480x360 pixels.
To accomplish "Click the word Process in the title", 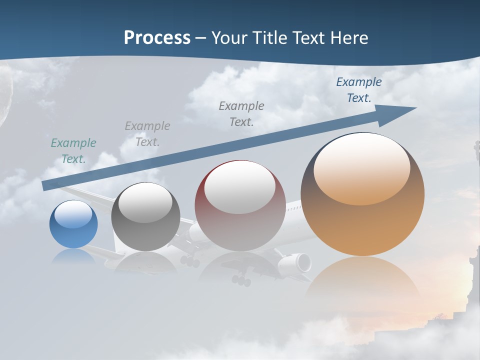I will pyautogui.click(x=157, y=38).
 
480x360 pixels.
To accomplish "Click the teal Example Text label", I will pyautogui.click(x=73, y=151).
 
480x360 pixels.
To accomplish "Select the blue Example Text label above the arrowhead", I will pyautogui.click(x=358, y=90).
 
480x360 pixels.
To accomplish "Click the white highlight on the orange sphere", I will pyautogui.click(x=361, y=167).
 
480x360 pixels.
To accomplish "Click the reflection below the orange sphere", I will pyautogui.click(x=362, y=280).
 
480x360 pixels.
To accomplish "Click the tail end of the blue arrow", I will pyautogui.click(x=46, y=185).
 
